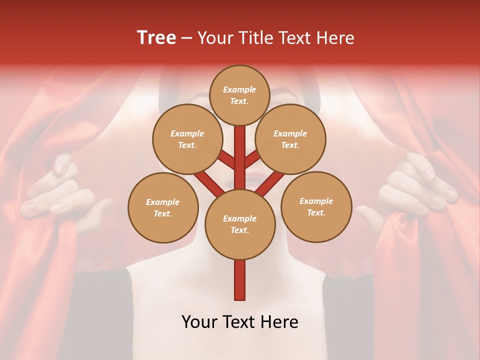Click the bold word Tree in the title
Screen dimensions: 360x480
(x=156, y=37)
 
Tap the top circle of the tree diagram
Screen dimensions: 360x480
(x=239, y=95)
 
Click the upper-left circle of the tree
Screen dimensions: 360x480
(x=187, y=139)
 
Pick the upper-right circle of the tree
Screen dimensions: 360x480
(x=290, y=139)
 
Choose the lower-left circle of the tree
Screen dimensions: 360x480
(x=163, y=207)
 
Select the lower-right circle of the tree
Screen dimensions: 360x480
(x=316, y=206)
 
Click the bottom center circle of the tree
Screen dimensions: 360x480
(x=239, y=224)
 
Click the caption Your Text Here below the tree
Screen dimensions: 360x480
(x=239, y=322)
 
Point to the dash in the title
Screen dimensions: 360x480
(x=186, y=38)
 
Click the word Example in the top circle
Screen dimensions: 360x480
(x=239, y=90)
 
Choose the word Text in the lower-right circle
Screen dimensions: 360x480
(x=316, y=213)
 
